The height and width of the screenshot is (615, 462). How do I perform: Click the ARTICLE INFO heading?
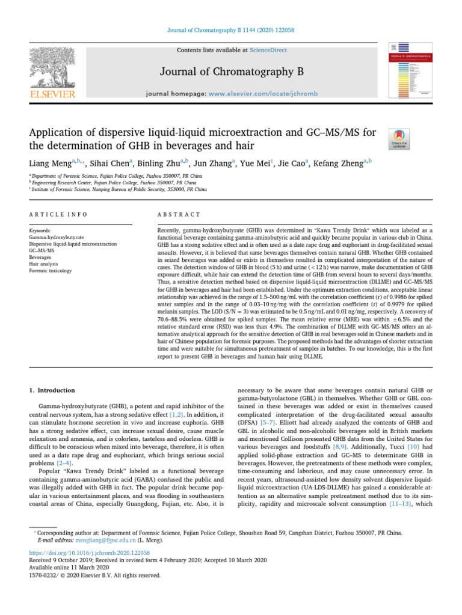pyautogui.click(x=58, y=214)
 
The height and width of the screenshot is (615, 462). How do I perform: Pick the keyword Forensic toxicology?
pyautogui.click(x=51, y=271)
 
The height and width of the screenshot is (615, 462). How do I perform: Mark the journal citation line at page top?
pyautogui.click(x=230, y=30)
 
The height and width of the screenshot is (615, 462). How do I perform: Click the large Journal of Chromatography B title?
pyautogui.click(x=230, y=73)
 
